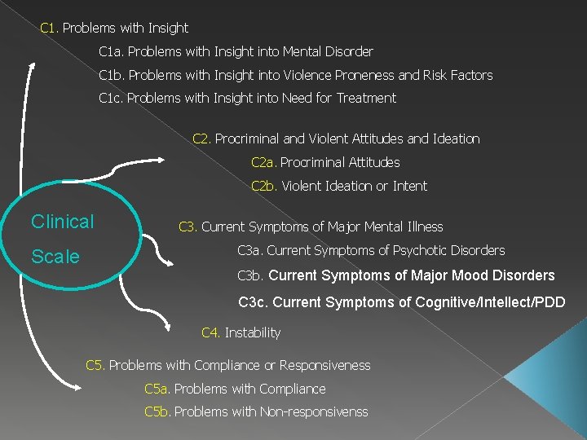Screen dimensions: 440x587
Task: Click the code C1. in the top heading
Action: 49,28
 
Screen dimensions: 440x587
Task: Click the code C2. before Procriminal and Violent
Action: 201,139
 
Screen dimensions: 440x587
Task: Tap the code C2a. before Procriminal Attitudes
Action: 263,162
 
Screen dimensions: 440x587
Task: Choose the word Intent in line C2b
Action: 410,186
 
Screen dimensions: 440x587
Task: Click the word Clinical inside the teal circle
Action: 63,222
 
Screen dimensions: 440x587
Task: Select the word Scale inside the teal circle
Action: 55,257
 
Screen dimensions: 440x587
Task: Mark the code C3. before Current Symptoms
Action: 188,227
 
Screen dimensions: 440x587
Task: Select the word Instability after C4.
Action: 252,332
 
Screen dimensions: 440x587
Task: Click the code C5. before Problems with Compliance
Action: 95,365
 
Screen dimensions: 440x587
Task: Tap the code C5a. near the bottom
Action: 157,389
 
